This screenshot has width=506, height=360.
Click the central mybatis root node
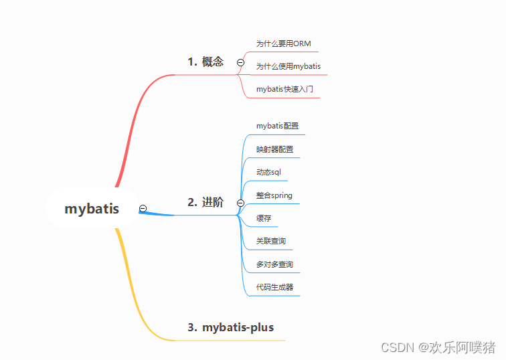tap(92, 208)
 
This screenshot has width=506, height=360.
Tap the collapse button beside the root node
tap(143, 208)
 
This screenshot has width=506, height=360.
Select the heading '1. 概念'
tap(205, 62)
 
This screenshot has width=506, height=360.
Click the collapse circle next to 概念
tap(240, 63)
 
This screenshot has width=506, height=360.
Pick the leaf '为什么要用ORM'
tap(283, 43)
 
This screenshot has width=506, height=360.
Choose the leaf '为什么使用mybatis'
tap(288, 66)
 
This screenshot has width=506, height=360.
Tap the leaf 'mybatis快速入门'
tap(284, 89)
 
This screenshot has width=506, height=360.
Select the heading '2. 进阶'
tap(205, 202)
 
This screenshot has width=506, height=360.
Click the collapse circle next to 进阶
tap(240, 203)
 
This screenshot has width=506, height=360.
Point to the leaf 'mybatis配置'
tap(278, 126)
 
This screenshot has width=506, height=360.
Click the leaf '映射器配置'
tap(274, 149)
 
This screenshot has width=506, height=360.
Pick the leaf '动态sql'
tap(268, 172)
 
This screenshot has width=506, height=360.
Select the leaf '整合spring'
tap(274, 195)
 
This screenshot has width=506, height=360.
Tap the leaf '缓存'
tap(264, 218)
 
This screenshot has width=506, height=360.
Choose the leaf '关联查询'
tap(271, 241)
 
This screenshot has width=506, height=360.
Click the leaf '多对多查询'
tap(274, 264)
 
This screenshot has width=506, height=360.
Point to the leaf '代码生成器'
tap(274, 287)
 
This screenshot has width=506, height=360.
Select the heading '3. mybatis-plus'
tap(231, 327)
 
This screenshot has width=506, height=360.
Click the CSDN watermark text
tap(438, 348)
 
